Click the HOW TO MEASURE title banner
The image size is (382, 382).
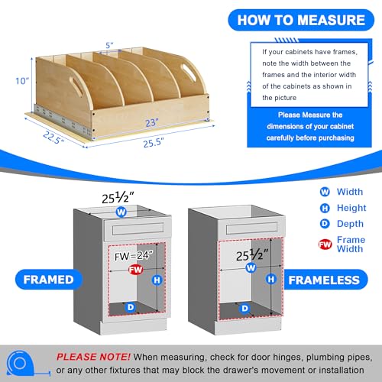301,20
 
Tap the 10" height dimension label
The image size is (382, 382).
22,81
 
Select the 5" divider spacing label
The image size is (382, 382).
109,45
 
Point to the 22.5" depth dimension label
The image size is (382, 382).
53,138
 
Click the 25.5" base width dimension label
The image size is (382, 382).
154,143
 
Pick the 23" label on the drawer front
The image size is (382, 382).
152,123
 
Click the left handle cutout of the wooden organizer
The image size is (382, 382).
76,86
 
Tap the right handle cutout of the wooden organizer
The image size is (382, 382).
189,73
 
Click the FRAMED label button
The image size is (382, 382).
48,280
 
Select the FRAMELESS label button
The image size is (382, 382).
324,280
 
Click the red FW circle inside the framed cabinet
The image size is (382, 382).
135,270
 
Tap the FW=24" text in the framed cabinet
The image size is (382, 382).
134,256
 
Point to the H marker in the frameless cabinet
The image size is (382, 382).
271,279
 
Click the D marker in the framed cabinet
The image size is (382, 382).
131,307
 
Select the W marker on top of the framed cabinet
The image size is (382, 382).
121,212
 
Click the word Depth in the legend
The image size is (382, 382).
350,224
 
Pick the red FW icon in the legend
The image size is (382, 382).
325,244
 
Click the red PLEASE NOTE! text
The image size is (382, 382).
93,357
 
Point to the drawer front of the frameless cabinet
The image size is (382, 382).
251,228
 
